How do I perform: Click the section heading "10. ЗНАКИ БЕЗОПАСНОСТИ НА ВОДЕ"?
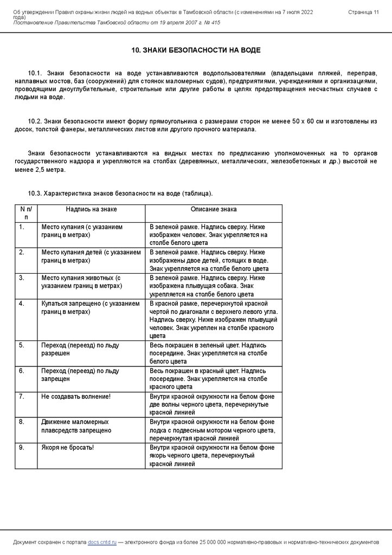pos(196,50)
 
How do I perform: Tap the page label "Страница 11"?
pos(363,12)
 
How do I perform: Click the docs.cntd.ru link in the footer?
pos(102,542)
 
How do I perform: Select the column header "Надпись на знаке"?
pos(91,209)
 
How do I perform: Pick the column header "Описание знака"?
pos(214,209)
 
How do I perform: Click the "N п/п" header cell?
pos(26,213)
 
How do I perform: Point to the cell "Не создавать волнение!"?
pos(76,397)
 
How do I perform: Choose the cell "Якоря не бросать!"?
pos(68,448)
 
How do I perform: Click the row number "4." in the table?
pos(22,304)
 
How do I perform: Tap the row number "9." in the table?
pos(22,448)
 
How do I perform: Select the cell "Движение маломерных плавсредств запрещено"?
pos(76,426)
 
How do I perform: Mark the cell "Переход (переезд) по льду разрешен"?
pos(80,349)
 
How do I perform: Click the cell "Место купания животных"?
pos(81,282)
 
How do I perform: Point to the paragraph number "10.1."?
pos(35,73)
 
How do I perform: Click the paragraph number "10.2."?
pos(35,121)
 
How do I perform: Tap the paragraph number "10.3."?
pos(35,193)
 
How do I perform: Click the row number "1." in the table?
pos(22,227)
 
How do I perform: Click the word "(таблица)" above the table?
pos(198,193)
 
